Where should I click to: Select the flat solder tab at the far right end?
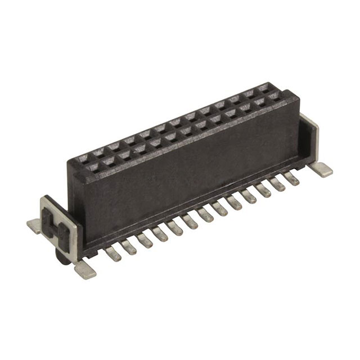tap(323, 169)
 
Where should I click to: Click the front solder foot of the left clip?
tap(84, 270)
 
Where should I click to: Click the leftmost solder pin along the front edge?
tap(113, 254)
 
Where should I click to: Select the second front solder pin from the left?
tap(129, 247)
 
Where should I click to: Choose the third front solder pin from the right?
tap(264, 190)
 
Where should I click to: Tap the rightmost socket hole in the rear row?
tap(263, 89)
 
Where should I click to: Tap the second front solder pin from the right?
tap(278, 184)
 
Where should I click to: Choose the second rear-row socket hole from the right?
tap(248, 94)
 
